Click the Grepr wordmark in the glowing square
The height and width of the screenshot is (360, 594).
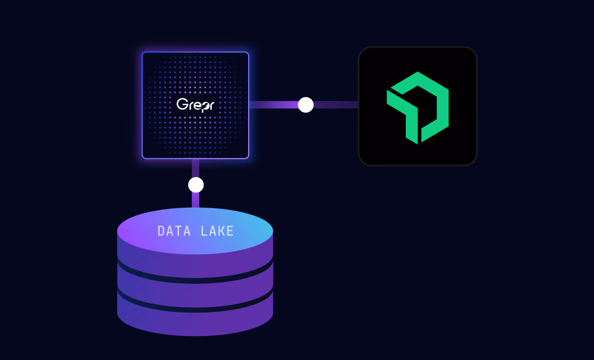(x=196, y=104)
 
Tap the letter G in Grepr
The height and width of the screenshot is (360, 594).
(x=182, y=104)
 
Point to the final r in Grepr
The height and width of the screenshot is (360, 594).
(x=211, y=106)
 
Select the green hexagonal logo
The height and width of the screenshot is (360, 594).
(x=418, y=108)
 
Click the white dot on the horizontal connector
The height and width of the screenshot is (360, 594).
(x=306, y=105)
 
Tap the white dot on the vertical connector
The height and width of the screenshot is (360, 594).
(x=196, y=185)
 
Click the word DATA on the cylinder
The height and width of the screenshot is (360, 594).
(x=174, y=231)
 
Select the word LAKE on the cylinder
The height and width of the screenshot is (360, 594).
(x=217, y=231)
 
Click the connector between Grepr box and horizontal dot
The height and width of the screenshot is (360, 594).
(x=273, y=105)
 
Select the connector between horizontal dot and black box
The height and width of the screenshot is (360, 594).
(x=336, y=105)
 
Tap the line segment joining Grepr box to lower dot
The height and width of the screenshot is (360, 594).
(x=196, y=168)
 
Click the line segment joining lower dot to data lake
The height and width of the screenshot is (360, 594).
(x=196, y=200)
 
